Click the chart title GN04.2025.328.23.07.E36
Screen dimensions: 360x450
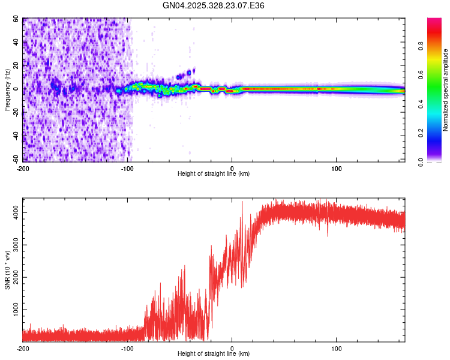pos(214,5)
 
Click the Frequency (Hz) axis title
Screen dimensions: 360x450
pos(7,90)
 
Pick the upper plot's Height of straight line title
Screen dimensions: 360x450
pos(214,173)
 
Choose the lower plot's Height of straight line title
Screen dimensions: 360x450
pos(214,353)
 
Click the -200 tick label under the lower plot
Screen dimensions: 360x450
pos(23,348)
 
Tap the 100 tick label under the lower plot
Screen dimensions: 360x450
pos(337,348)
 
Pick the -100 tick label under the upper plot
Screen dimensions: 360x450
pos(127,168)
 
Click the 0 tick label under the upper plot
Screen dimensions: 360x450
pos(232,168)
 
